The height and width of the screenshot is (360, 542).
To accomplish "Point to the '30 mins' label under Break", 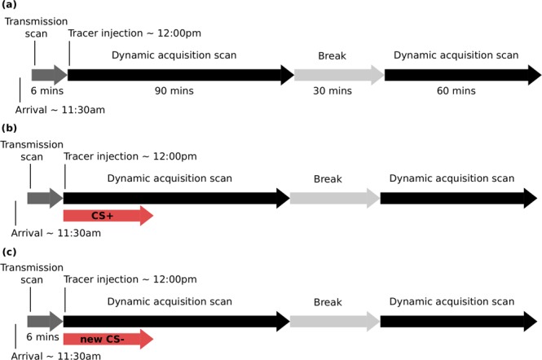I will coord(338,92).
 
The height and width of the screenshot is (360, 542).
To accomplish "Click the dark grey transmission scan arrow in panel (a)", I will coord(49,75).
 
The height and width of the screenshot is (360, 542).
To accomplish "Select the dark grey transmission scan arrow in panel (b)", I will coord(45,197).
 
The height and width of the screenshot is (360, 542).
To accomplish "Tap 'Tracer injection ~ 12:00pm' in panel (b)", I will coord(130,156).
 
